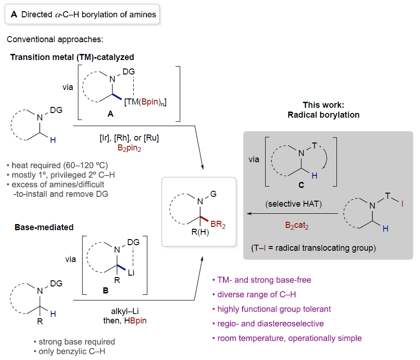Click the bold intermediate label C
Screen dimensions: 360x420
(x=301, y=186)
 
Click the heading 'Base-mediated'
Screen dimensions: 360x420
(x=44, y=227)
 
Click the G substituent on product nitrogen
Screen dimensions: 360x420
(x=214, y=191)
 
